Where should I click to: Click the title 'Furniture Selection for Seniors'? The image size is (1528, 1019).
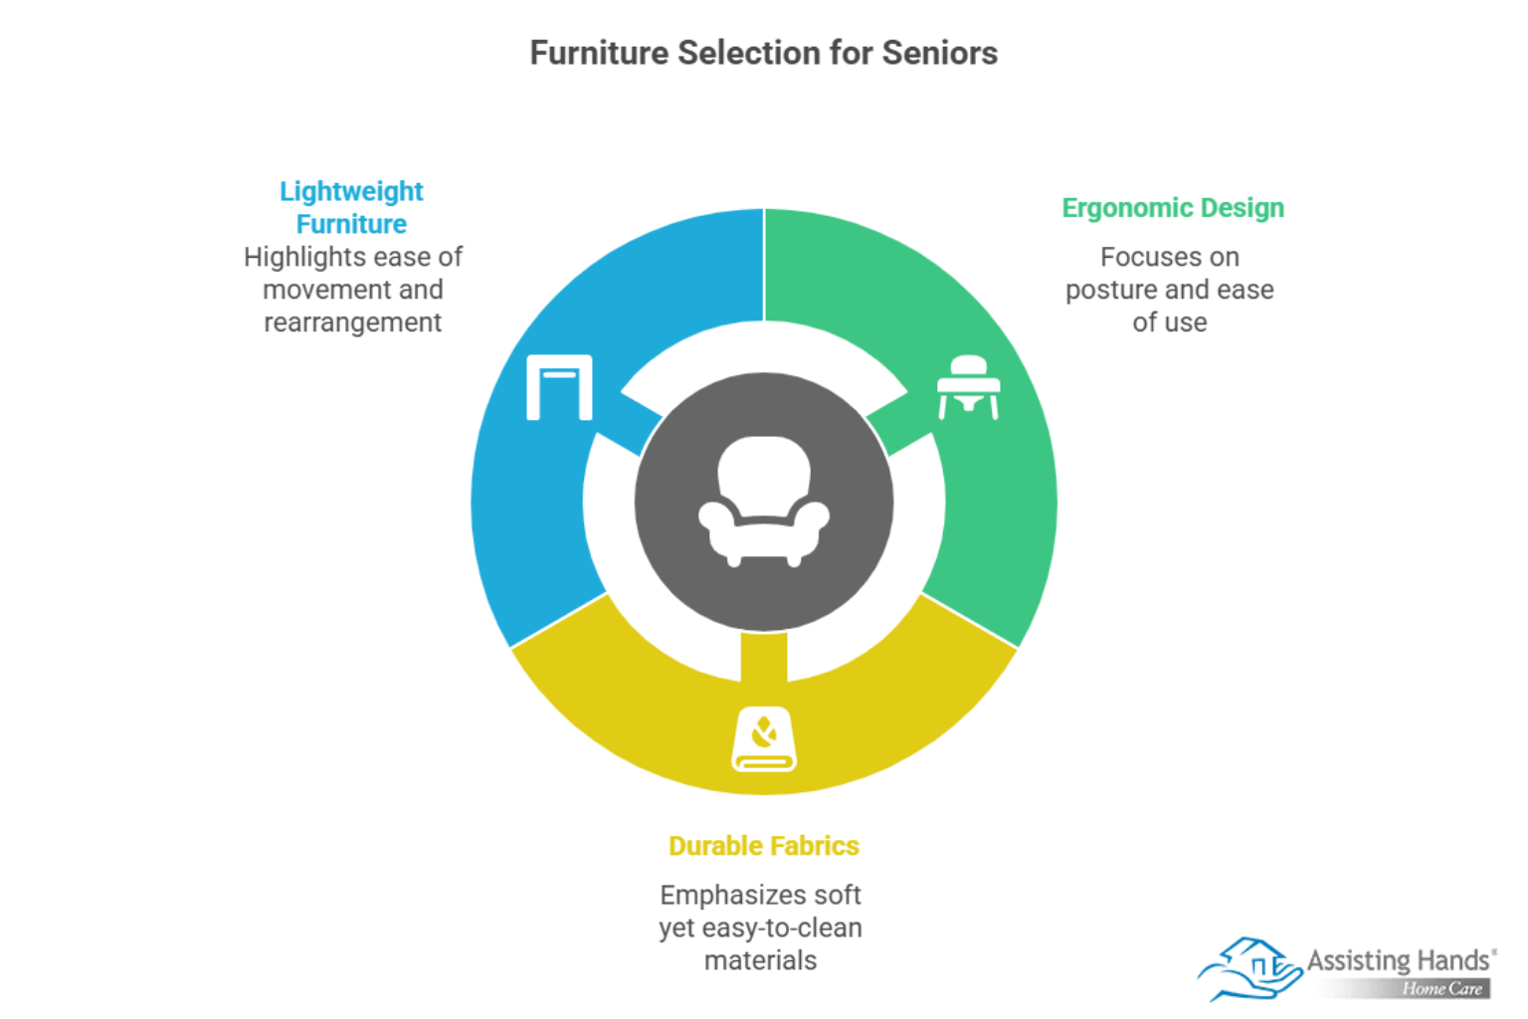(763, 53)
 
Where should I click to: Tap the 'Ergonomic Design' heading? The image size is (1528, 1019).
(1173, 208)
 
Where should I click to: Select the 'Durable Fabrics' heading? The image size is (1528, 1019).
(763, 846)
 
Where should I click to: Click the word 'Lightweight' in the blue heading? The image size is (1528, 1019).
(351, 192)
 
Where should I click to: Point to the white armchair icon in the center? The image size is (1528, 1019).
(764, 502)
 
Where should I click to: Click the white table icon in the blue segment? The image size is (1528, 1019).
(559, 387)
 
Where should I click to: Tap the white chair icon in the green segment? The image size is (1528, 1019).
(969, 387)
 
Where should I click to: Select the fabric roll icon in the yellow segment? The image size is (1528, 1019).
(764, 739)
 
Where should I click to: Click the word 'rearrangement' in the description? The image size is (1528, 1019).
(353, 322)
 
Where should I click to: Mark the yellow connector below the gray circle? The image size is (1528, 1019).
(764, 657)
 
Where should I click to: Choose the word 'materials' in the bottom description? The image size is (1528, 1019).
(761, 961)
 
